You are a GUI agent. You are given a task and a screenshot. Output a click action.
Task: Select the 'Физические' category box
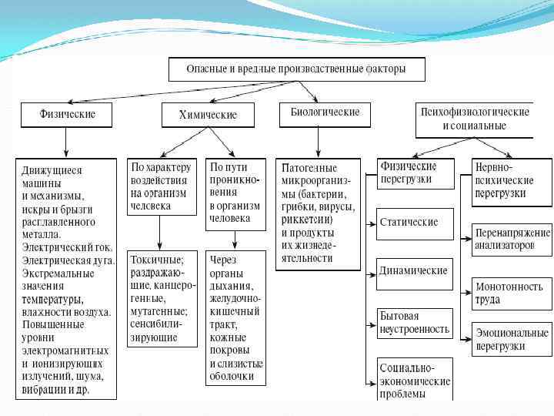[x=67, y=115]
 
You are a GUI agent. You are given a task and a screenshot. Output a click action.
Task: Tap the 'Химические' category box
[x=208, y=116]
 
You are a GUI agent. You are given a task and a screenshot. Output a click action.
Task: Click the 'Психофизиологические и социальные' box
[x=474, y=119]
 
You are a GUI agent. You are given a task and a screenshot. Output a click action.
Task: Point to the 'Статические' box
[x=415, y=223]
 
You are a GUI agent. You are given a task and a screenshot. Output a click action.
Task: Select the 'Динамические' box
[x=415, y=272]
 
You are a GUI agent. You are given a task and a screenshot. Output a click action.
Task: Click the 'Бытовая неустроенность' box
[x=415, y=323]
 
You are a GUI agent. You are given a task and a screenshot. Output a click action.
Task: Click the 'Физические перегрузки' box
[x=415, y=173]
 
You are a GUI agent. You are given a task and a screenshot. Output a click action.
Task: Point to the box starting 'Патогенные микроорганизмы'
[x=319, y=213]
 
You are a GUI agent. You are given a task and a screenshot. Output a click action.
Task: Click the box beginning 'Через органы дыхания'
[x=236, y=317]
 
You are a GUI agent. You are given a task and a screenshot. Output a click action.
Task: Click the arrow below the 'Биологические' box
[x=319, y=142]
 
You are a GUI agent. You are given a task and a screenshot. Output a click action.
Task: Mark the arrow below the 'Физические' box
[x=67, y=143]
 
